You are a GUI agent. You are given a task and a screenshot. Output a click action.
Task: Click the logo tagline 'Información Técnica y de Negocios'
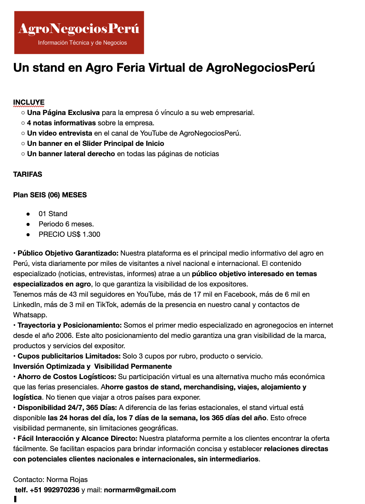tap(82, 43)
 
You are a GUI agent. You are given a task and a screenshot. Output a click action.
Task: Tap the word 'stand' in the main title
tap(49, 67)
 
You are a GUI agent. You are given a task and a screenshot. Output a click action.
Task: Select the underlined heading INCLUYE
tap(29, 102)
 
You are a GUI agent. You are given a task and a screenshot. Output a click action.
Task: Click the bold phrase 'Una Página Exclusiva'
tap(63, 113)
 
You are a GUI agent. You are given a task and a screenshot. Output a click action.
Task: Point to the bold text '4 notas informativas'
tap(61, 123)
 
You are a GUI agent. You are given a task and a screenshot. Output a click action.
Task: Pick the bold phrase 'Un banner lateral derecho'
tap(71, 154)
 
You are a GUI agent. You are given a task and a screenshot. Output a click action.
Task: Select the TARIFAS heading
tap(28, 174)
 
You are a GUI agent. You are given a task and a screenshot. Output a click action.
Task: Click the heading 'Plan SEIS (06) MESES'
tap(50, 195)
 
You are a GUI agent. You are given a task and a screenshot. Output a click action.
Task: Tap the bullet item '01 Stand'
tap(53, 214)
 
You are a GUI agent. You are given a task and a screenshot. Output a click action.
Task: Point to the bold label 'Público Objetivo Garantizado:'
tap(68, 253)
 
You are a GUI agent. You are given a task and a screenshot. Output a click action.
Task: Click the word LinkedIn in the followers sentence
tap(26, 305)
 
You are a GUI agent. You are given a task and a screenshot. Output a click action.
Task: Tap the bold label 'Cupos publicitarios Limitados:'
tap(69, 356)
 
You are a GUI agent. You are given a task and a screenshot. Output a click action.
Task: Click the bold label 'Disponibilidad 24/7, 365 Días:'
tap(67, 407)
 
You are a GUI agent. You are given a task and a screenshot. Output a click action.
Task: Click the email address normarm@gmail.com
tap(140, 490)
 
